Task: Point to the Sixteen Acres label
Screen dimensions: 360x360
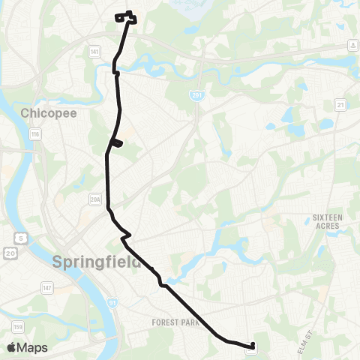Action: pos(327,222)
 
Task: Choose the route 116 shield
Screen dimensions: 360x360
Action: pos(34,133)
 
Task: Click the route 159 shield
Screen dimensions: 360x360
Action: pos(16,327)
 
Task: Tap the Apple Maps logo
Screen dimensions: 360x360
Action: pos(26,347)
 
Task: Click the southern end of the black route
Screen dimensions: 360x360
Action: pos(252,347)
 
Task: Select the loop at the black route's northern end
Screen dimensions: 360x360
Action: pos(126,17)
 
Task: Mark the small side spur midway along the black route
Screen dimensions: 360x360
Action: pos(116,143)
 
